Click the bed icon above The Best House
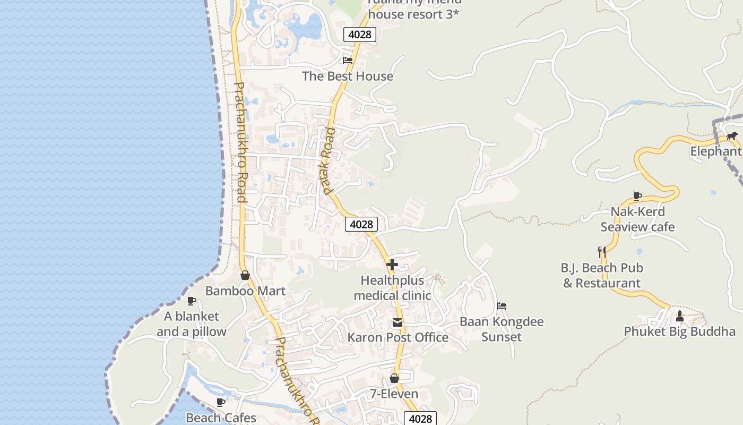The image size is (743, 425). click(x=348, y=61)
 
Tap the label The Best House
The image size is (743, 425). click(x=348, y=76)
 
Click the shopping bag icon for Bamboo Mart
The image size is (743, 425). click(x=245, y=275)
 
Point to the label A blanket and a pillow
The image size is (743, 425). click(x=191, y=324)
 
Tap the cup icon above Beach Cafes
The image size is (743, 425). click(x=221, y=402)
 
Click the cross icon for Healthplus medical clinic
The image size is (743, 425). click(x=392, y=265)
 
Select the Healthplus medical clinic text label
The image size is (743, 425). click(x=392, y=288)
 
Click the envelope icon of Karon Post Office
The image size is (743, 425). click(x=397, y=322)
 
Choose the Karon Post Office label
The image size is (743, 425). click(x=398, y=337)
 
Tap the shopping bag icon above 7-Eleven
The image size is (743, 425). click(x=394, y=378)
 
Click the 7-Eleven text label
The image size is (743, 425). click(x=394, y=394)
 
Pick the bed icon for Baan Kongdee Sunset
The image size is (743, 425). click(x=502, y=306)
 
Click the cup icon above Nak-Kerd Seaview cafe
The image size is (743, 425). click(x=637, y=196)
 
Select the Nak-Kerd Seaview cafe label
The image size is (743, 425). click(x=637, y=219)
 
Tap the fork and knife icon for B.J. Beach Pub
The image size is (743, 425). click(x=601, y=252)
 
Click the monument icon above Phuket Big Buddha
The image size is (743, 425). click(x=680, y=316)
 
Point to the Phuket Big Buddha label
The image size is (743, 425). click(x=679, y=331)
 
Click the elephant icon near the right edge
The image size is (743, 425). click(x=732, y=136)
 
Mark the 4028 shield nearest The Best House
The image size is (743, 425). click(x=360, y=35)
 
